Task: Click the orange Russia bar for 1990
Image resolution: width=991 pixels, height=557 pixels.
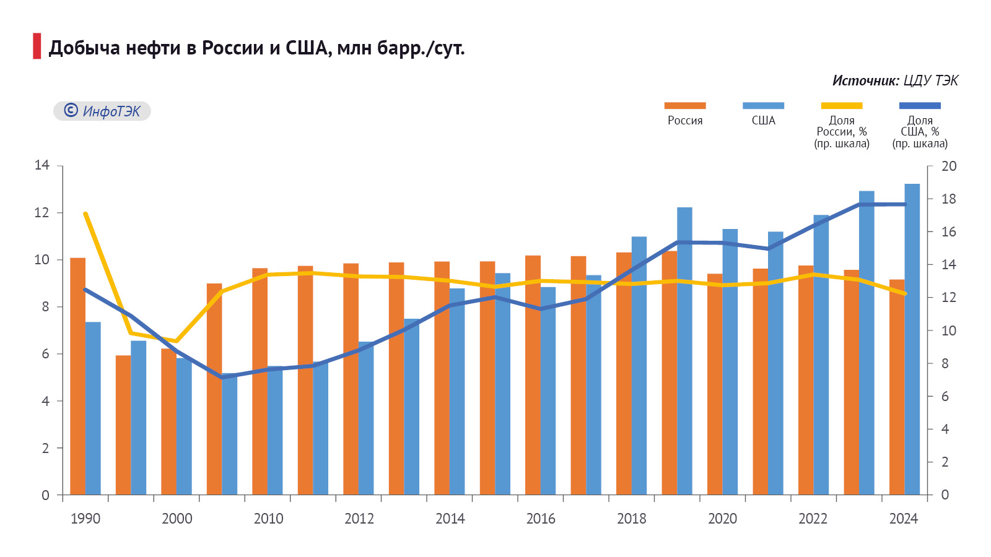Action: pos(77,378)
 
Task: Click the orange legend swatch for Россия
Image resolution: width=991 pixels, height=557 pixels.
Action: pos(684,106)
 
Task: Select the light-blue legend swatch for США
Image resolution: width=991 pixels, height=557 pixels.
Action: pos(763,106)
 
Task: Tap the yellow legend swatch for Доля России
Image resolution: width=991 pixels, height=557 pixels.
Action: pos(841,106)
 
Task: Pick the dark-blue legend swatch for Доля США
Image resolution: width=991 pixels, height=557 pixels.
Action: pos(920,106)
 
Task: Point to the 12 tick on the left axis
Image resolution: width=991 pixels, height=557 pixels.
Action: pos(42,213)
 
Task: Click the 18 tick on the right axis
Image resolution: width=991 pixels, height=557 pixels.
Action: pos(948,199)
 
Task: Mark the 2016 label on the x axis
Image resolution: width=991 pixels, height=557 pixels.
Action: pos(541,519)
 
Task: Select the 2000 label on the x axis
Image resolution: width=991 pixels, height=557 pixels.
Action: pos(177,519)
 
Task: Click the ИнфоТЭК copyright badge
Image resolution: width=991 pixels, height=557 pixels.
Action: pos(102,111)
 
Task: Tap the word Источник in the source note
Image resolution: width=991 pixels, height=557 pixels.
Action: pos(865,80)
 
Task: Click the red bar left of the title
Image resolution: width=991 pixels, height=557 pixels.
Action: pos(37,46)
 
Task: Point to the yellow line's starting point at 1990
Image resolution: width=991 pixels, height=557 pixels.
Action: pos(85,214)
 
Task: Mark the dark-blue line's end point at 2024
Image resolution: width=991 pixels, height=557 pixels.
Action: pos(905,204)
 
